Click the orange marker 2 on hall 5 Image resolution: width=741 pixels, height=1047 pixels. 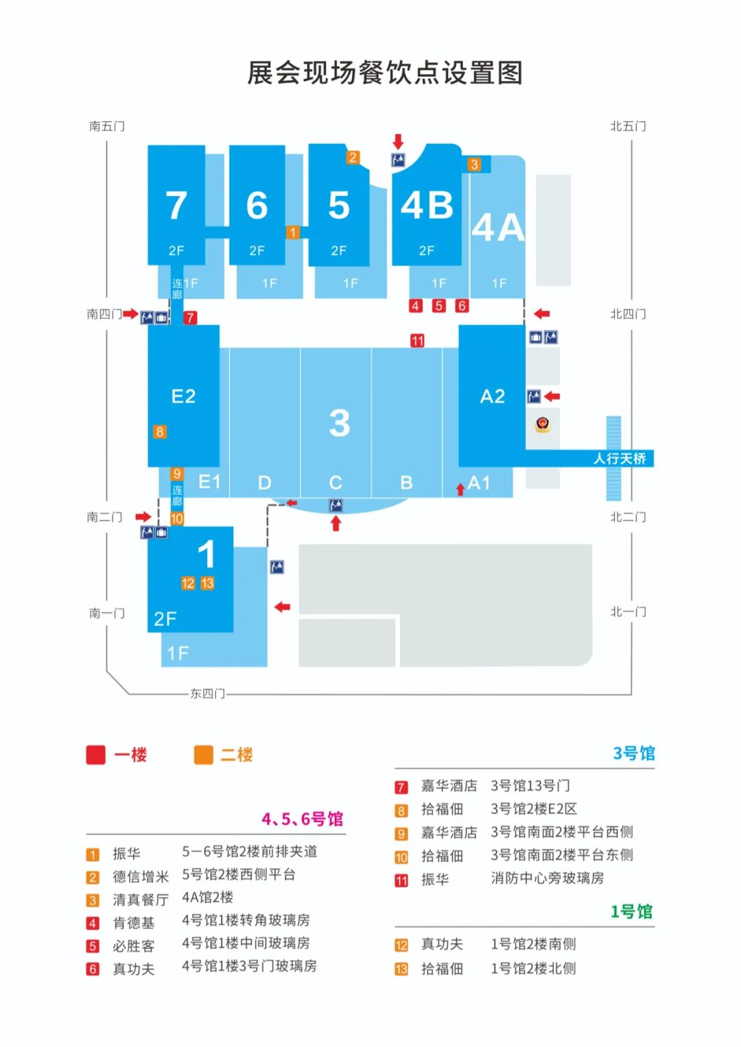pyautogui.click(x=353, y=158)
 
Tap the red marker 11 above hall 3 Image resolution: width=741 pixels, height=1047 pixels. pyautogui.click(x=417, y=341)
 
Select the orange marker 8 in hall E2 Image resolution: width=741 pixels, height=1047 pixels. pyautogui.click(x=160, y=432)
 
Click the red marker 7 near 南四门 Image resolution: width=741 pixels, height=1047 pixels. pyautogui.click(x=190, y=317)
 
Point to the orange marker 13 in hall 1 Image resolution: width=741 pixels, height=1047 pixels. pyautogui.click(x=207, y=583)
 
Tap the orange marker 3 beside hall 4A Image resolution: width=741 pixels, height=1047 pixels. pyautogui.click(x=474, y=165)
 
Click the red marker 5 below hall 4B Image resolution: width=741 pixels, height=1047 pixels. pyautogui.click(x=439, y=306)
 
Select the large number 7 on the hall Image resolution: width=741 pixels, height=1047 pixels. pyautogui.click(x=176, y=206)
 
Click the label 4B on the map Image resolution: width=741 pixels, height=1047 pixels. pyautogui.click(x=427, y=206)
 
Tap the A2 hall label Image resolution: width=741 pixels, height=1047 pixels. pyautogui.click(x=493, y=396)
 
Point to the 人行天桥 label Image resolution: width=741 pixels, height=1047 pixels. pyautogui.click(x=619, y=459)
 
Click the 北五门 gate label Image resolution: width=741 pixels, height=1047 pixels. pyautogui.click(x=628, y=126)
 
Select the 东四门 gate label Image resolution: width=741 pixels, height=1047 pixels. pyautogui.click(x=207, y=694)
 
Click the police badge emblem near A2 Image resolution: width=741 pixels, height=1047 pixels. pyautogui.click(x=543, y=424)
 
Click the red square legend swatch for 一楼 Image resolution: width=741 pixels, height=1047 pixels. pyautogui.click(x=96, y=755)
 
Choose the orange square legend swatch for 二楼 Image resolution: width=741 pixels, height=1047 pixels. pyautogui.click(x=204, y=755)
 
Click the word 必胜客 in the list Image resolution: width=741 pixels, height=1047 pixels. pyautogui.click(x=134, y=946)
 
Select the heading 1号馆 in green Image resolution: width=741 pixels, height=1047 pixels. pyautogui.click(x=631, y=912)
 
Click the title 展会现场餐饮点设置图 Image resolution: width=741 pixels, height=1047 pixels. pyautogui.click(x=385, y=73)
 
